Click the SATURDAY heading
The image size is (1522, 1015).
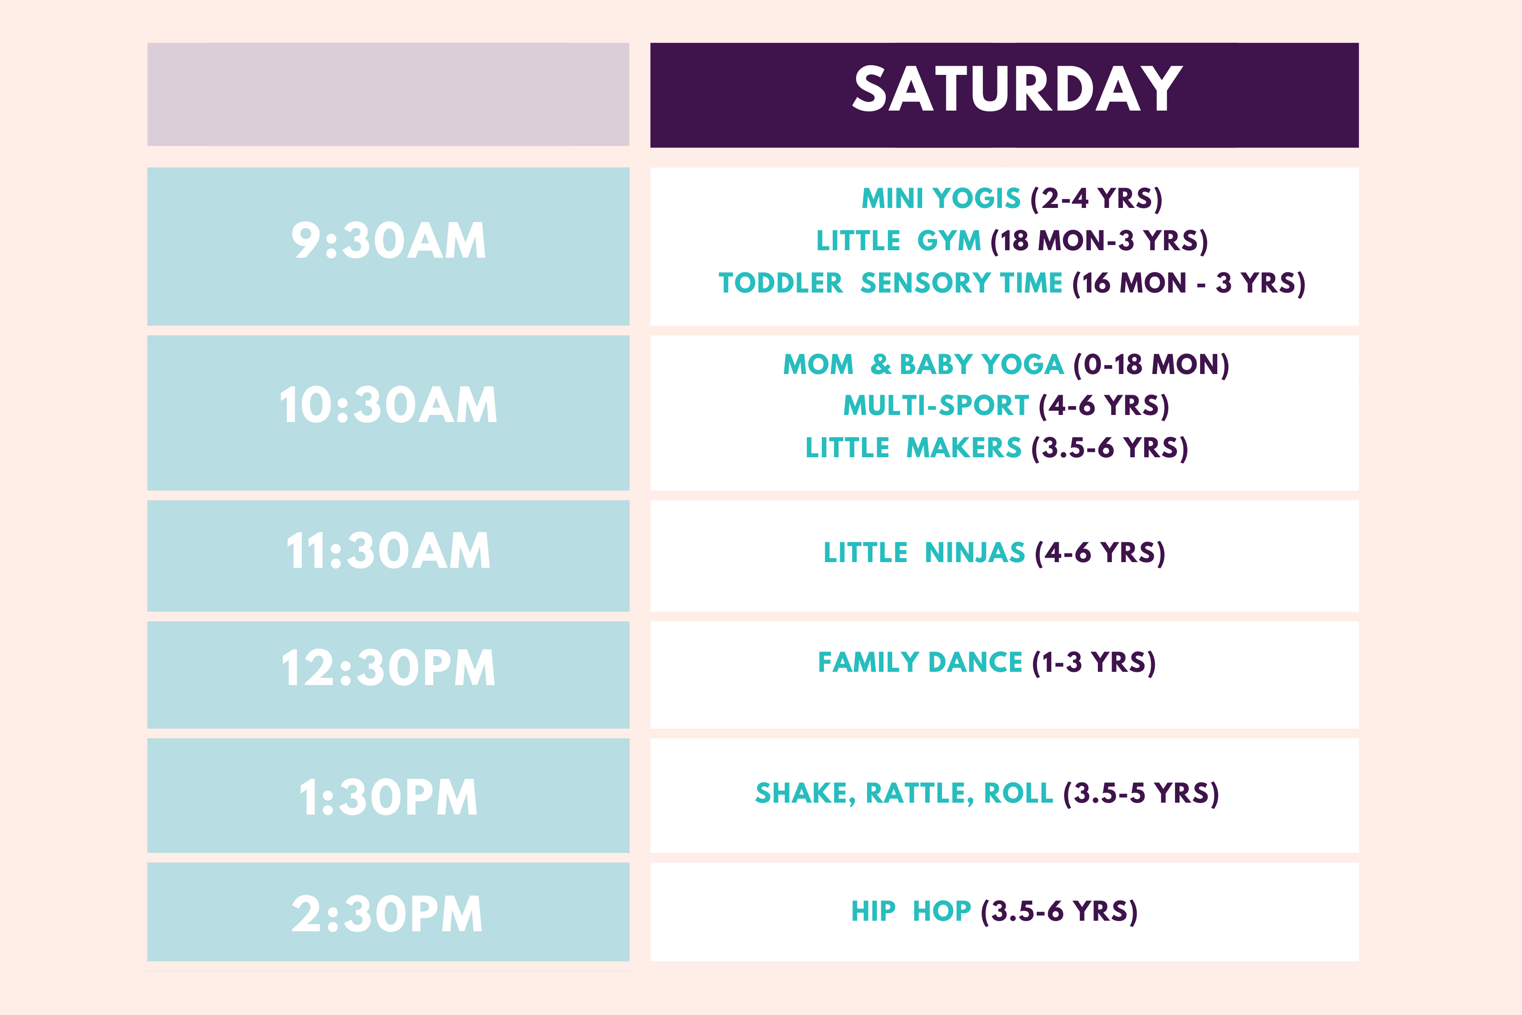click(x=1017, y=89)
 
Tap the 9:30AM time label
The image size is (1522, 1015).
click(x=388, y=241)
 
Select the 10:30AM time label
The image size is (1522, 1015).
click(x=388, y=405)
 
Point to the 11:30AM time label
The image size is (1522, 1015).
click(x=388, y=552)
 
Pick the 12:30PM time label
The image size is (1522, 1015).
click(x=388, y=668)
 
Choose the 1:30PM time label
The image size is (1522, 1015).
click(x=388, y=797)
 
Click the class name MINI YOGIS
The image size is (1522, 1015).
click(x=941, y=198)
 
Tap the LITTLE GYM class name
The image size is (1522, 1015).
click(x=898, y=241)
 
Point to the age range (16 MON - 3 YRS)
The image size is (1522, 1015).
click(x=1189, y=284)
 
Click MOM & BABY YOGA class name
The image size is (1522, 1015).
click(x=924, y=364)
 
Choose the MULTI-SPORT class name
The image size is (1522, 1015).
click(x=936, y=406)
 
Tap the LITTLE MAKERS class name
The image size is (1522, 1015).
click(x=913, y=448)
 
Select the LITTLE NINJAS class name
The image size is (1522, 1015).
click(x=924, y=553)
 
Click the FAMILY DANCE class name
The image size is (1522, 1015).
click(x=920, y=662)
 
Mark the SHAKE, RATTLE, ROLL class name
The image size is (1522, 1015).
click(x=905, y=793)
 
